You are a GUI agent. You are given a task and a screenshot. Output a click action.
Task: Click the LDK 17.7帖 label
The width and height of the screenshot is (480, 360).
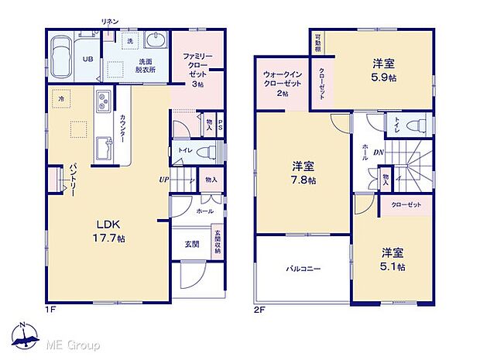tap(105, 228)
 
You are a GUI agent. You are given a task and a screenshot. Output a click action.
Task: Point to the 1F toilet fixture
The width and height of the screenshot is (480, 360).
tap(204, 152)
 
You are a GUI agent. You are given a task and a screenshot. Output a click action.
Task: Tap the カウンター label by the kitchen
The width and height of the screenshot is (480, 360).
tap(122, 127)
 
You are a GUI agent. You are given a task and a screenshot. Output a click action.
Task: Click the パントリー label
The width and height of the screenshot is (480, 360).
tap(73, 180)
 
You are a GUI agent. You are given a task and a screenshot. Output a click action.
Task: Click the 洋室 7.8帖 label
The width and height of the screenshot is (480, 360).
tap(303, 173)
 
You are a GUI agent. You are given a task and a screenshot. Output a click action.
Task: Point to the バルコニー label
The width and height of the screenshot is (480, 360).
tap(303, 269)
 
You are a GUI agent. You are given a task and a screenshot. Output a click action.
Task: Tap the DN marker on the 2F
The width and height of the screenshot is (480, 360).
tap(379, 153)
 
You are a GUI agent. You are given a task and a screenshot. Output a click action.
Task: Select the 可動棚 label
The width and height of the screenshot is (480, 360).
tap(318, 43)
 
